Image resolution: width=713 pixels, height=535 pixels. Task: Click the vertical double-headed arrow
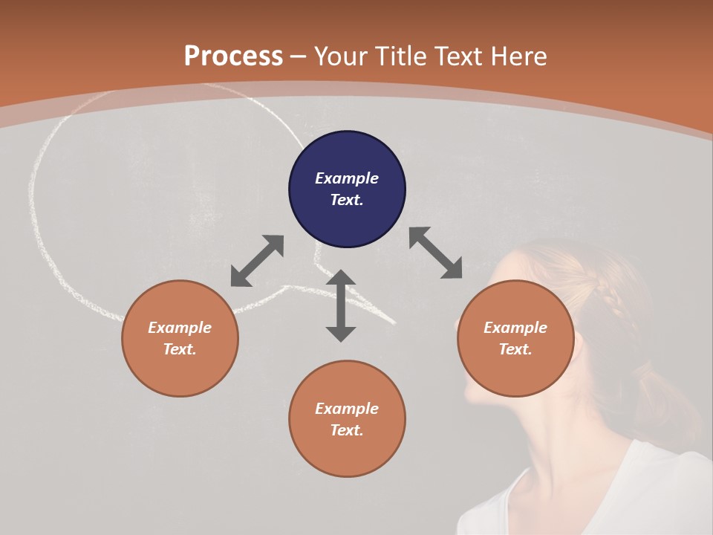(x=341, y=305)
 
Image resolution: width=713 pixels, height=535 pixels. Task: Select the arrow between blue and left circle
(x=257, y=261)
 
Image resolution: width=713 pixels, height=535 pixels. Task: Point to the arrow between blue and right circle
(x=435, y=253)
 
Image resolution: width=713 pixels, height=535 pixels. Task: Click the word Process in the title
(x=233, y=56)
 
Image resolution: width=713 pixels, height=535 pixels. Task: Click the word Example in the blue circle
(x=347, y=178)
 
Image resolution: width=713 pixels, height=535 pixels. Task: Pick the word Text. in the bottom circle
(x=347, y=430)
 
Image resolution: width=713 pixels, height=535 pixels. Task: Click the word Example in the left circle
(x=180, y=328)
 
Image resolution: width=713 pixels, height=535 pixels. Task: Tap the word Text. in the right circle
(x=515, y=349)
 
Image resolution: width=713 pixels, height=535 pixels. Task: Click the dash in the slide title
(x=299, y=57)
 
